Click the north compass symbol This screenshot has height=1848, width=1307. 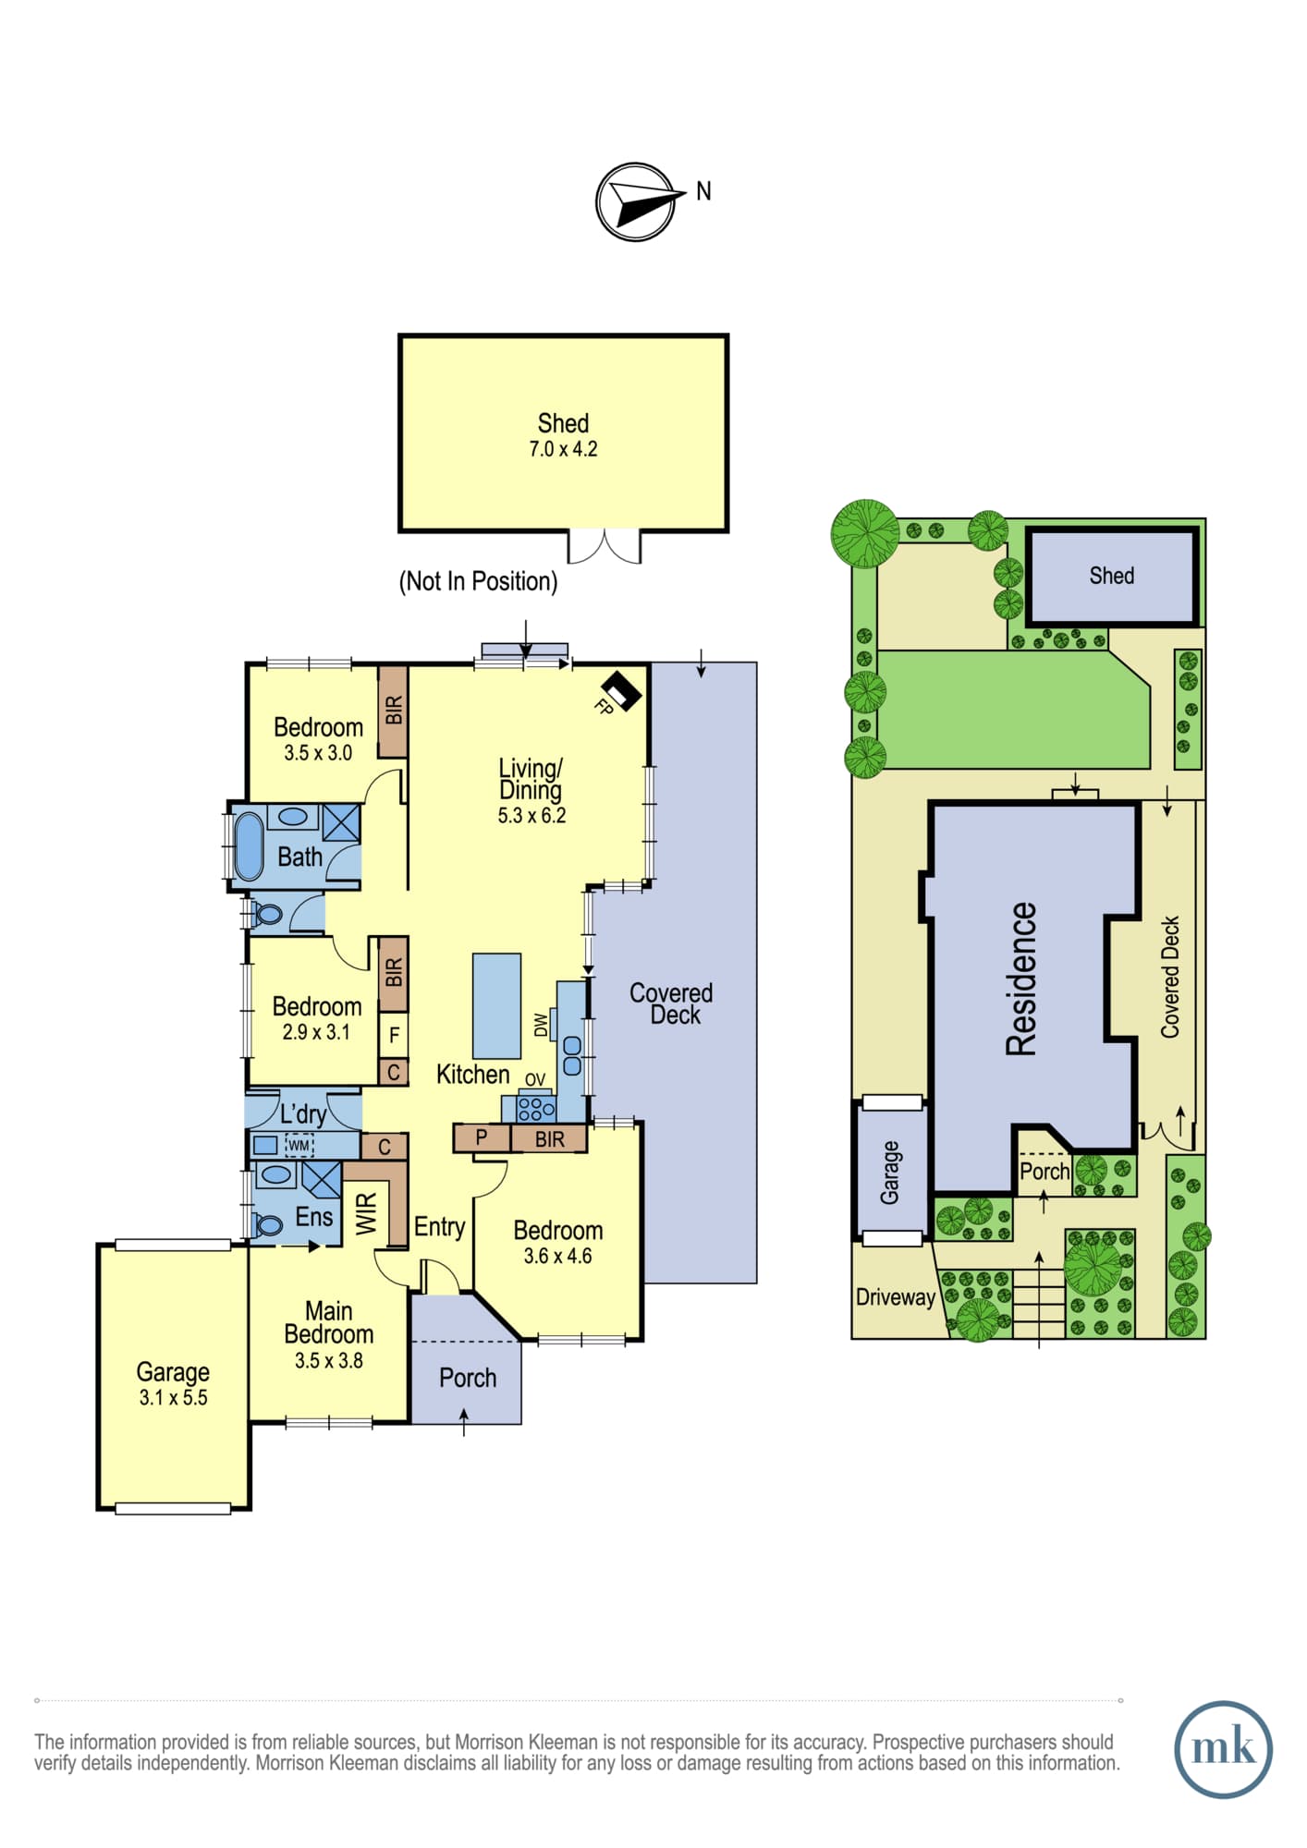coord(635,202)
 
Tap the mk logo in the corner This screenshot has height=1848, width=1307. coord(1223,1749)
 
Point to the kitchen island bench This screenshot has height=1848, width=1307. coord(496,1006)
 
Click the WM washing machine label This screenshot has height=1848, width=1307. coord(299,1146)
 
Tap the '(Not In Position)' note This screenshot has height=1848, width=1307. coord(478,581)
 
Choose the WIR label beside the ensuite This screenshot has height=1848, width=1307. coord(367,1213)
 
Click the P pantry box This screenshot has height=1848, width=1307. coord(482,1138)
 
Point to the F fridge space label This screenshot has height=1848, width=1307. coord(394,1035)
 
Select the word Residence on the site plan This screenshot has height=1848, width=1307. coord(1021,979)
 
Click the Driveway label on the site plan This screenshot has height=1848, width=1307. coord(895,1297)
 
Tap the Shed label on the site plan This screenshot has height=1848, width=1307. coord(1111,576)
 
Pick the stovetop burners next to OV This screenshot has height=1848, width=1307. coord(536,1106)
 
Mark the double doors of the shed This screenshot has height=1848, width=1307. coord(604,547)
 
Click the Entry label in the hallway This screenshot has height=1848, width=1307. coord(439,1227)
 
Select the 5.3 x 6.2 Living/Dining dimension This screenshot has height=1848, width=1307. coord(531,816)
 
